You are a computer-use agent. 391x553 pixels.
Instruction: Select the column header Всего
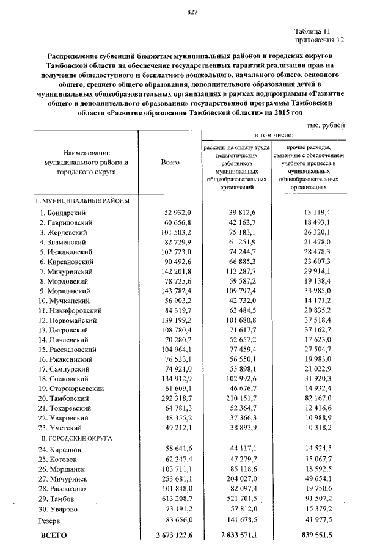coord(170,163)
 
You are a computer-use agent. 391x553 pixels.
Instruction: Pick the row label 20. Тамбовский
coord(64,398)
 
